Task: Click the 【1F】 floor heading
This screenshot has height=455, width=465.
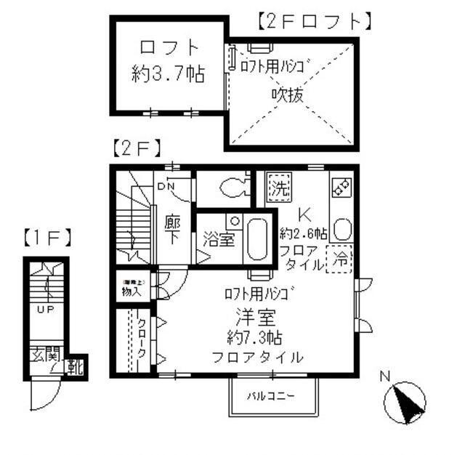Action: tap(46, 237)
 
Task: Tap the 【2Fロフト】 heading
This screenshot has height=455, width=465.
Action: tap(315, 23)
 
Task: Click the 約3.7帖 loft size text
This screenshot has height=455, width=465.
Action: tap(168, 74)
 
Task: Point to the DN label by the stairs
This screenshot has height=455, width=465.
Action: tap(165, 185)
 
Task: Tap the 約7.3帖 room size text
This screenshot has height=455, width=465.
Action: tap(253, 338)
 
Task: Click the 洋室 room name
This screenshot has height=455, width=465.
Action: tap(253, 318)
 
